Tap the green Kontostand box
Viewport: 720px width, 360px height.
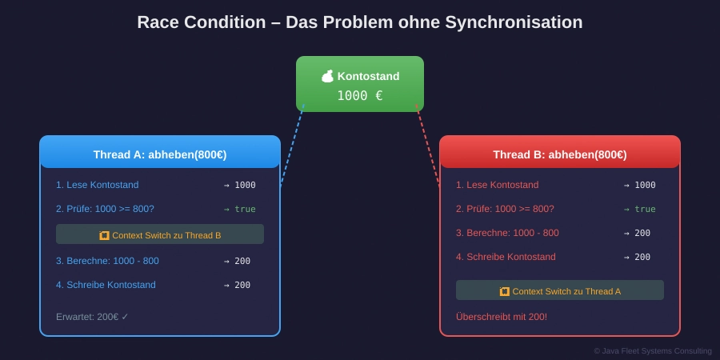360,83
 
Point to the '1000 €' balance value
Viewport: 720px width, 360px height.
359,96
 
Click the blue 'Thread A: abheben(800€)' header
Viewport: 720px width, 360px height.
160,154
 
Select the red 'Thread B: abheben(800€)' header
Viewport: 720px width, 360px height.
560,154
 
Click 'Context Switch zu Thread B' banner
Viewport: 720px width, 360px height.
160,234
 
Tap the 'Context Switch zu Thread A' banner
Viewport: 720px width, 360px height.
560,290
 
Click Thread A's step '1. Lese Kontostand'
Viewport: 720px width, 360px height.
97,185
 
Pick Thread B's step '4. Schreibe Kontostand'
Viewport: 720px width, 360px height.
506,257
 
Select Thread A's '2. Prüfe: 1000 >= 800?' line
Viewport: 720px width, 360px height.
105,209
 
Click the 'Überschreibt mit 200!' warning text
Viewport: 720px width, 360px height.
502,317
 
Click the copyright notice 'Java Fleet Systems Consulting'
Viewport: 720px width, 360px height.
652,350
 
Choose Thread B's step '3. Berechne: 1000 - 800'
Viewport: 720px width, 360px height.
507,233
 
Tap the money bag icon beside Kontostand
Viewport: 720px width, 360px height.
327,76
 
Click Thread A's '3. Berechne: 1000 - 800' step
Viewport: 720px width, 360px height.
107,261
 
